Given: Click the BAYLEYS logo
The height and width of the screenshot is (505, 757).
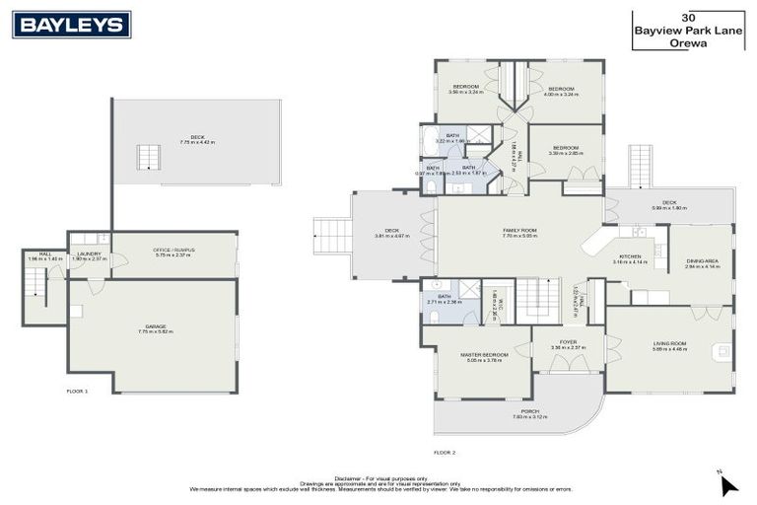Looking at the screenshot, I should pyautogui.click(x=71, y=25).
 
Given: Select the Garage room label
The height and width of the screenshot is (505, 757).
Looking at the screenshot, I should pyautogui.click(x=156, y=328).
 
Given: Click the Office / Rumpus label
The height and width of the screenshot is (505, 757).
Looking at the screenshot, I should pyautogui.click(x=173, y=252).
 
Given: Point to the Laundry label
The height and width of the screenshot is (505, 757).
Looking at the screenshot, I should pyautogui.click(x=89, y=255).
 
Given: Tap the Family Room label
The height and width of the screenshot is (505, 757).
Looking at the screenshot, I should pyautogui.click(x=518, y=233).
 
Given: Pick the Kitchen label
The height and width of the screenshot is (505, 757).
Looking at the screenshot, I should pyautogui.click(x=629, y=258).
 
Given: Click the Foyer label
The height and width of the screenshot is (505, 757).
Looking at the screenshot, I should pyautogui.click(x=568, y=344).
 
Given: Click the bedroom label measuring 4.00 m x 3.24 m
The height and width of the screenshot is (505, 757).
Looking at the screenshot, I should pyautogui.click(x=562, y=91).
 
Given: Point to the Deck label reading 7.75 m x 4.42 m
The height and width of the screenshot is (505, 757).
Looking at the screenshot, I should pyautogui.click(x=197, y=140).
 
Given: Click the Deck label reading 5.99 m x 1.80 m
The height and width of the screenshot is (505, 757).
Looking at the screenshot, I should pyautogui.click(x=667, y=205).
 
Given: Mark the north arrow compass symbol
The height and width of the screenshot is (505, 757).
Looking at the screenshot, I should pyautogui.click(x=727, y=483).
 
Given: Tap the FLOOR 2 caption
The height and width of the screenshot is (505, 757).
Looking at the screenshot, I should pyautogui.click(x=445, y=452).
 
